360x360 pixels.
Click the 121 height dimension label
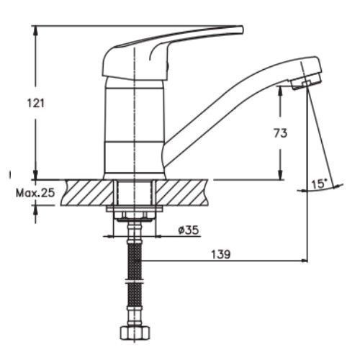coord(36,103)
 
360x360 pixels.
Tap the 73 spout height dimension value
coord(280,133)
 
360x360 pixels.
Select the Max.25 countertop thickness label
coord(35,193)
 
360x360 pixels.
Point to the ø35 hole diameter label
coord(189,230)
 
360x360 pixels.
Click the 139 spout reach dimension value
coord(221,254)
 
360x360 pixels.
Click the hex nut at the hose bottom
coord(135,332)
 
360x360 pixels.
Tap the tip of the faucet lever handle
coord(242,30)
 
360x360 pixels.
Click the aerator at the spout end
coord(306,82)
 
